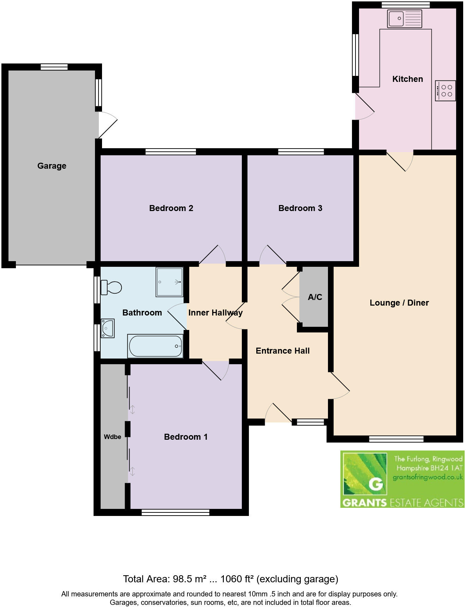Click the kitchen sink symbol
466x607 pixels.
point(404,19)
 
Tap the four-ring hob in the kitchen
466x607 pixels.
point(446,91)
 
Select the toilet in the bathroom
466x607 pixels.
point(111,287)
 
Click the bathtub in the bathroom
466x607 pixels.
point(155,346)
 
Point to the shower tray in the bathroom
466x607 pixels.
point(169,282)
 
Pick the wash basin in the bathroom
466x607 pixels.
point(107,328)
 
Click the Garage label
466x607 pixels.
point(52,166)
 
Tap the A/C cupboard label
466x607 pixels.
point(315,297)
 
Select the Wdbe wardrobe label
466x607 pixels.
point(112,437)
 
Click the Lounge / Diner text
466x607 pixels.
point(399,303)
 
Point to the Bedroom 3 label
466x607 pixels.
point(300,208)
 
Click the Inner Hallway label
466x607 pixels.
point(215,313)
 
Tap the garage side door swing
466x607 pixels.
point(107,125)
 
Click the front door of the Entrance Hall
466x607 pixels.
point(279,413)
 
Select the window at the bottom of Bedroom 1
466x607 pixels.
point(175,512)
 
